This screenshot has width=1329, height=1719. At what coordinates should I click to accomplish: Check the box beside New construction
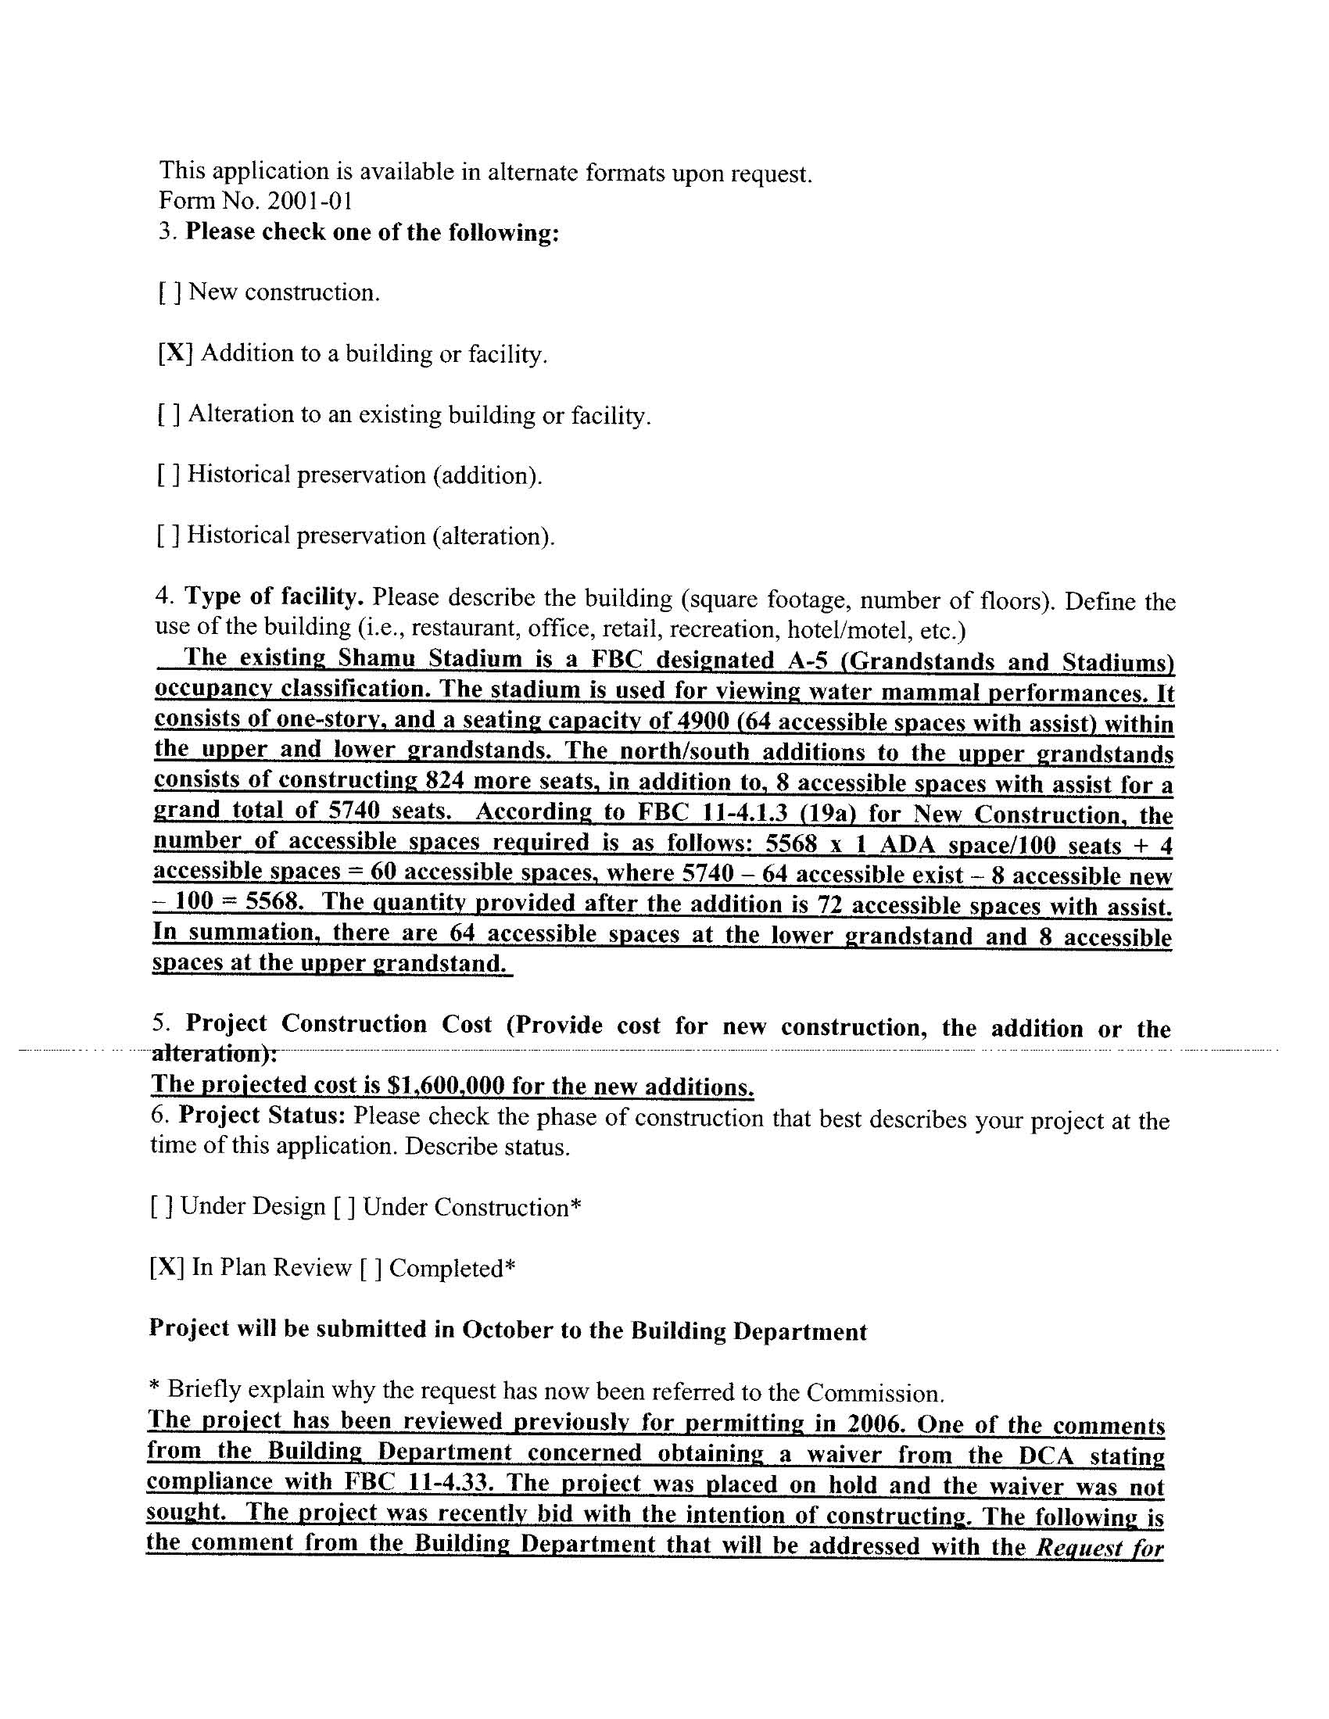(x=170, y=293)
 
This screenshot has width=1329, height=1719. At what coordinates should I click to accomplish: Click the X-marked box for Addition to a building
(x=175, y=353)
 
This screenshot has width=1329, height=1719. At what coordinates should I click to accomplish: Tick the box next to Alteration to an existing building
(x=169, y=414)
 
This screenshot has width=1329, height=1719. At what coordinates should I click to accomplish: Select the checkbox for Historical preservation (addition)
(x=169, y=475)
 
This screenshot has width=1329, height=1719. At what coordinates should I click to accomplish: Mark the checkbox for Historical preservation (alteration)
(x=169, y=535)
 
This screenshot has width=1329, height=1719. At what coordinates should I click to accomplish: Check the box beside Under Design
(x=160, y=1207)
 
